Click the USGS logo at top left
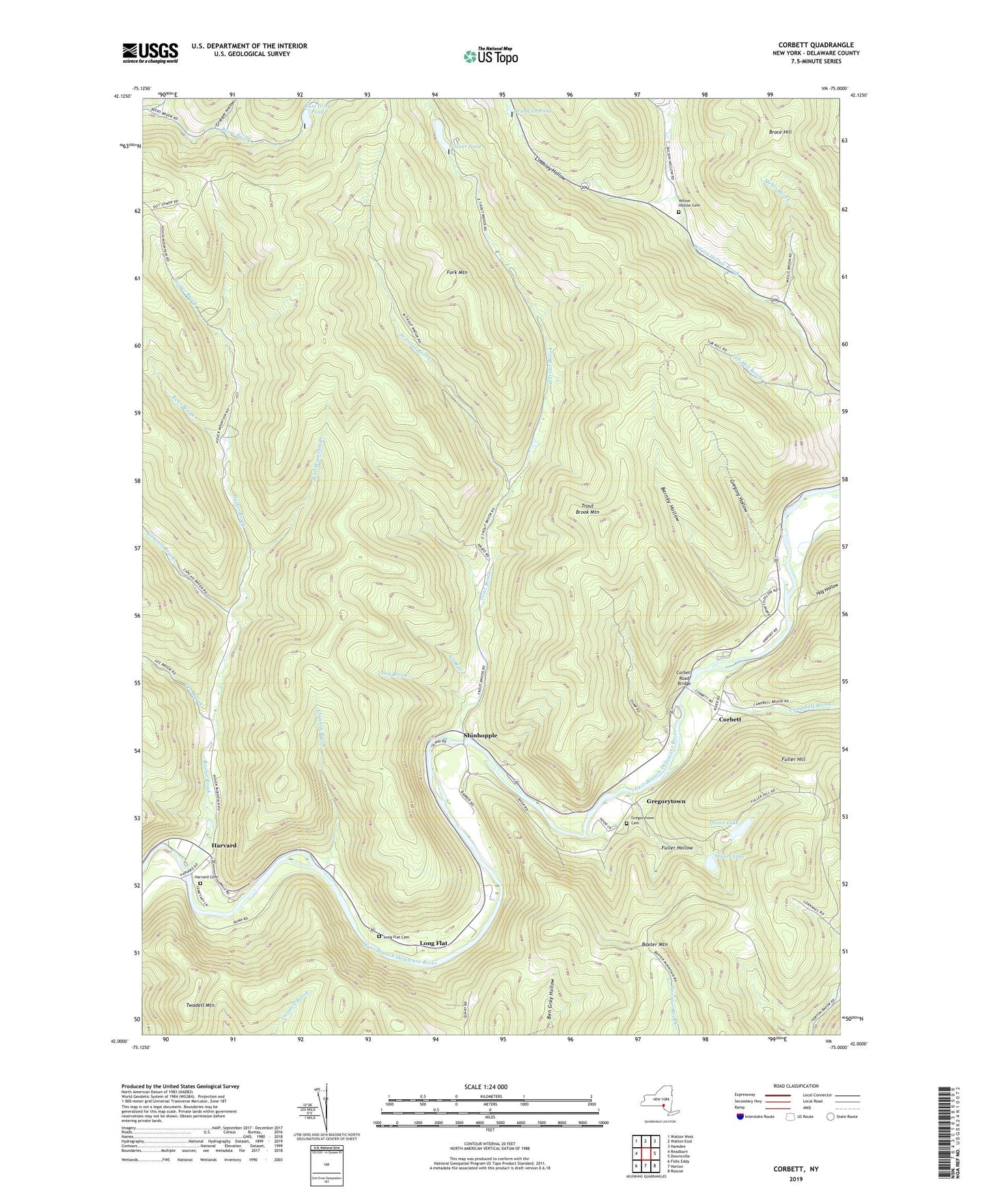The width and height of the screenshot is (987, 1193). tap(150, 53)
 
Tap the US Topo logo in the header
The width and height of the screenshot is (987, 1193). tap(490, 55)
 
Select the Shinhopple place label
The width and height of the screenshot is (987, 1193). tap(480, 735)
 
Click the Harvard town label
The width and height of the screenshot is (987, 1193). tap(223, 845)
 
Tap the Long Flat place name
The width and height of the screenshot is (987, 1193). tap(433, 943)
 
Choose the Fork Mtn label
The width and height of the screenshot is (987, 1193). tap(456, 272)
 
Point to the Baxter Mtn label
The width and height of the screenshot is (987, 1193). tap(654, 944)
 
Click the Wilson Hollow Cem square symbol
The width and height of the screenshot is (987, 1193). tap(678, 212)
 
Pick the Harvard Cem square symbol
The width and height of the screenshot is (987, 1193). tap(200, 883)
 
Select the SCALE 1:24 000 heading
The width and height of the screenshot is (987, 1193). tap(490, 1086)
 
